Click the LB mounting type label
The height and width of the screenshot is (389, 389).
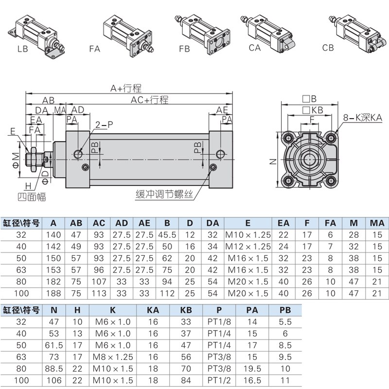coord(23,48)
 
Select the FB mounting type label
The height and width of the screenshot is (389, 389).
coord(184,49)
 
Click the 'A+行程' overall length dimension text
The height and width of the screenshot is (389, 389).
coord(125,88)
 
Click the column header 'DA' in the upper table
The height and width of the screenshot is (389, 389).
coord(212,223)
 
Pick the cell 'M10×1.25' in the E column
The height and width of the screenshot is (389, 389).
coord(248,234)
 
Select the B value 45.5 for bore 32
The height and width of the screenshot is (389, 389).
coord(167,234)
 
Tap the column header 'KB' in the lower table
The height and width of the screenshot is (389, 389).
coord(186,310)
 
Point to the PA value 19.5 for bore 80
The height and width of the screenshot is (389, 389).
coord(252,369)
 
